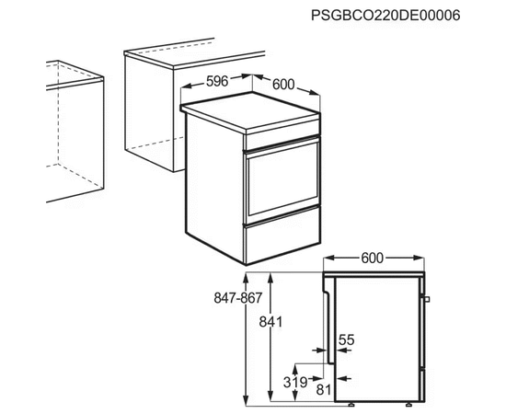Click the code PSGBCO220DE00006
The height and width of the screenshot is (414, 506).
pyautogui.click(x=385, y=15)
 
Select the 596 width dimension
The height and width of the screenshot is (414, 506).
pyautogui.click(x=217, y=81)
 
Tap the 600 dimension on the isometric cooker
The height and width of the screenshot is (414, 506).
pyautogui.click(x=283, y=85)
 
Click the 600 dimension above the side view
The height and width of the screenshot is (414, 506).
pyautogui.click(x=372, y=259)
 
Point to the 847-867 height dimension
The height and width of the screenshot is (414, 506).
pyautogui.click(x=238, y=298)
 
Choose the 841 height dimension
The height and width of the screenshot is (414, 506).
pyautogui.click(x=270, y=322)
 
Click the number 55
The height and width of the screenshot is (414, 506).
pyautogui.click(x=347, y=339)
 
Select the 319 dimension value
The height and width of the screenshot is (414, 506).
pyautogui.click(x=295, y=383)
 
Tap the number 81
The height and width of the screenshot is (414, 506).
pyautogui.click(x=324, y=390)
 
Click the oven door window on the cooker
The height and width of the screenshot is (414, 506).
pyautogui.click(x=283, y=178)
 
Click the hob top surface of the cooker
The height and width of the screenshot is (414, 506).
pyautogui.click(x=251, y=110)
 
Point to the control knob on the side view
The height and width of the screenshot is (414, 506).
pyautogui.click(x=427, y=299)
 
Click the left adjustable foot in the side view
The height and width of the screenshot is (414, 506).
pyautogui.click(x=351, y=404)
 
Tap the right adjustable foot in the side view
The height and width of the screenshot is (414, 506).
pyautogui.click(x=408, y=404)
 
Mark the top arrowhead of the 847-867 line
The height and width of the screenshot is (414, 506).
pyautogui.click(x=247, y=277)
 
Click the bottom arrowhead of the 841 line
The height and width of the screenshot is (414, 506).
pyautogui.click(x=271, y=397)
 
